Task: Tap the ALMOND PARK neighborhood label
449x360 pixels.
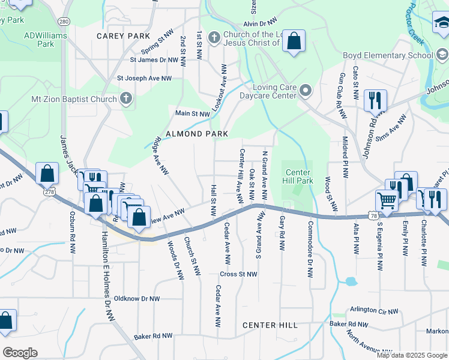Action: (x=197, y=133)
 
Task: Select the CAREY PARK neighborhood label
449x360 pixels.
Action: (x=123, y=36)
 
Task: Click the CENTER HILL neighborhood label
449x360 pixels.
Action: (x=270, y=325)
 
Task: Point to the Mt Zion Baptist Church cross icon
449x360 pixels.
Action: (x=126, y=98)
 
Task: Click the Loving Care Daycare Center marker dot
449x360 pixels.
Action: (x=306, y=91)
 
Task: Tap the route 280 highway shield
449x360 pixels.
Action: (x=64, y=22)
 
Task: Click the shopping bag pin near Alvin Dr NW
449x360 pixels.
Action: (x=294, y=41)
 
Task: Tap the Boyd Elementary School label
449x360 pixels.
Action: (x=388, y=56)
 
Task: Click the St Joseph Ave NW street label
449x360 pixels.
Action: (x=144, y=78)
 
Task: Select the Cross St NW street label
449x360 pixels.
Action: (x=238, y=274)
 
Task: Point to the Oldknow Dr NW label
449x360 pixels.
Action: (x=137, y=298)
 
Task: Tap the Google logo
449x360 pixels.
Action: (x=20, y=353)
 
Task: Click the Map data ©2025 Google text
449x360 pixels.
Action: (x=412, y=355)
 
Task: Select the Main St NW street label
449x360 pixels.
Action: (x=192, y=113)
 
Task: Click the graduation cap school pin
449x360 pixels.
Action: (x=442, y=23)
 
